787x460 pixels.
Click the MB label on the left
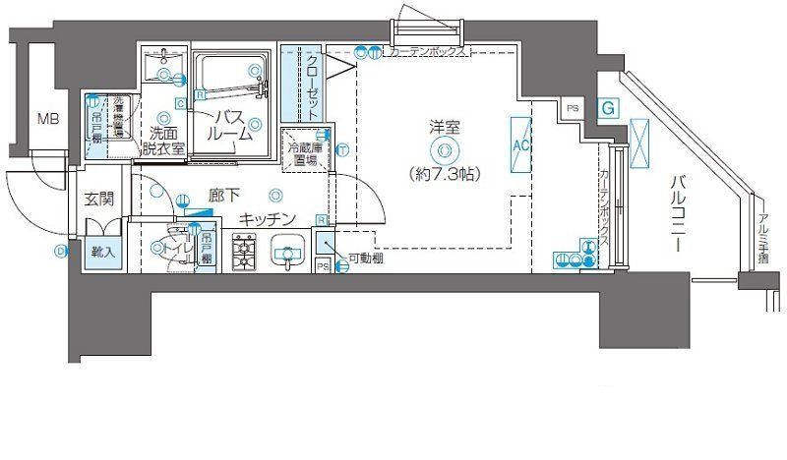click(x=45, y=120)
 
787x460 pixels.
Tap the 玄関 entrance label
click(x=98, y=198)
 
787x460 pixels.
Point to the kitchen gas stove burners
click(x=244, y=254)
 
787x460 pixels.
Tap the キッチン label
click(x=268, y=219)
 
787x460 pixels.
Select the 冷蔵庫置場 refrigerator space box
click(x=303, y=153)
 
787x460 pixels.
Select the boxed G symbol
click(x=609, y=107)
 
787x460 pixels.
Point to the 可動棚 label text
click(x=365, y=259)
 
